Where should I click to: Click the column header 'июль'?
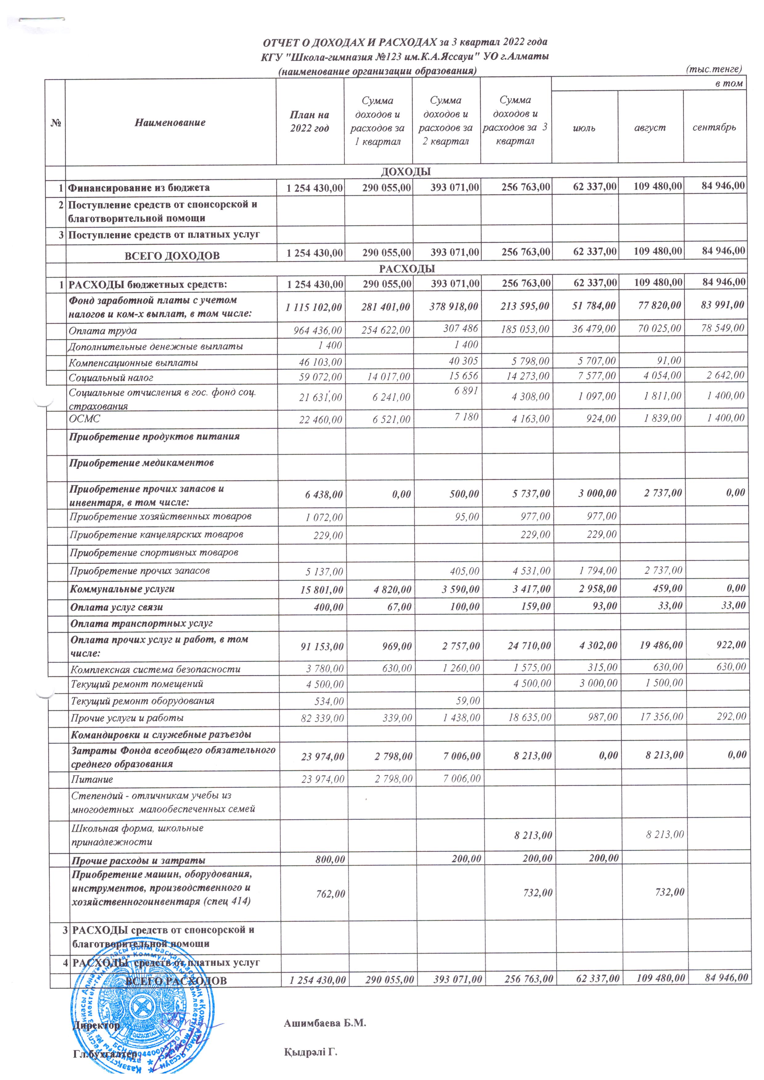point(584,127)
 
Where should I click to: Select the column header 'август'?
point(650,127)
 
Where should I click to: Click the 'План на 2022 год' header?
point(309,121)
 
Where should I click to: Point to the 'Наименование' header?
point(170,122)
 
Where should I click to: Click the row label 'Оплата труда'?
point(103,331)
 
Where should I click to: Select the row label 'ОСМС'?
point(85,418)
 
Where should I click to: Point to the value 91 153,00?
point(322,646)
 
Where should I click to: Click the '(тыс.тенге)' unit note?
point(714,69)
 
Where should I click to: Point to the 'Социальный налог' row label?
point(111,377)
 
